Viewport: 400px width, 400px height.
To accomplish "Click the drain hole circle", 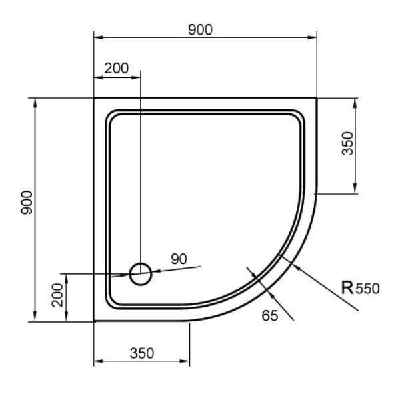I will (x=141, y=273).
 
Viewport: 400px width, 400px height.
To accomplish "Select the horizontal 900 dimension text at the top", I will (x=199, y=29).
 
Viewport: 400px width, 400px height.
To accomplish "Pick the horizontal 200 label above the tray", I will (x=116, y=67).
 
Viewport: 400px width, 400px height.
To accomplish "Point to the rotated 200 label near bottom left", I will (x=57, y=294).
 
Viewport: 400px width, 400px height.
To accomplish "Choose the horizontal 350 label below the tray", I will (x=142, y=353).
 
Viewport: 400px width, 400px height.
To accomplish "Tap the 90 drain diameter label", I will (x=179, y=259).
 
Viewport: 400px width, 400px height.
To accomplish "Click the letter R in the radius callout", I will (x=347, y=288).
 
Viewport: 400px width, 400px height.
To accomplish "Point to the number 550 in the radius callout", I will (x=367, y=289).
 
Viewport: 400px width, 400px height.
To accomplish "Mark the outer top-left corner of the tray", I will (x=94, y=98).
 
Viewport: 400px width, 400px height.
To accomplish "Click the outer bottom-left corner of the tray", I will (x=94, y=321).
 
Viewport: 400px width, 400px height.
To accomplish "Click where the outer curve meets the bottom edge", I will (x=191, y=321).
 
